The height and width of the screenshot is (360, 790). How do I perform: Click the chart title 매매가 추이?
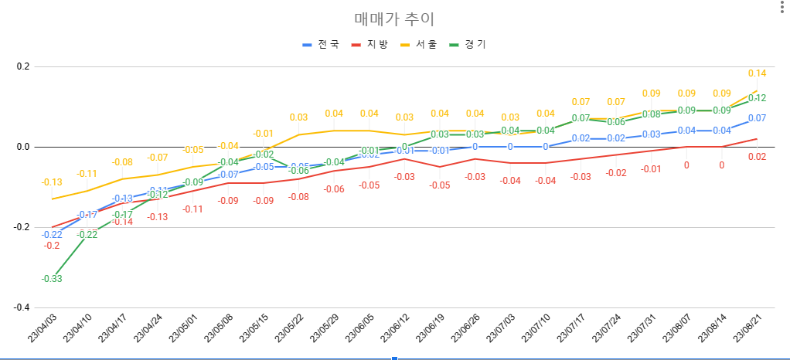[x=394, y=19]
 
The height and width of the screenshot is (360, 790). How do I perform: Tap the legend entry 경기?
[x=475, y=45]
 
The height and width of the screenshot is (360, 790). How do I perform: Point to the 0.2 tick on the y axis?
[x=22, y=66]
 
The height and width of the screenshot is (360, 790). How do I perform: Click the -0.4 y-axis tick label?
[x=21, y=307]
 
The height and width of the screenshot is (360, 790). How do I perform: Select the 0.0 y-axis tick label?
[x=22, y=147]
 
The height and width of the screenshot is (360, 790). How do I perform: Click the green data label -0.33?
[x=52, y=279]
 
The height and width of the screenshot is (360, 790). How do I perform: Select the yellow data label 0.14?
[x=757, y=73]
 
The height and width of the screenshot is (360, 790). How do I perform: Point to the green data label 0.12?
[x=757, y=98]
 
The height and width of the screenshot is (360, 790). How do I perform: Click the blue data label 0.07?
[x=757, y=118]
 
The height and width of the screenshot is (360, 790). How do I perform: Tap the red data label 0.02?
[x=757, y=157]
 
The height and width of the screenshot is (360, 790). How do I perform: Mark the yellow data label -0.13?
[x=52, y=182]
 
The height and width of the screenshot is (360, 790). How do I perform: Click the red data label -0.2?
[x=52, y=246]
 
